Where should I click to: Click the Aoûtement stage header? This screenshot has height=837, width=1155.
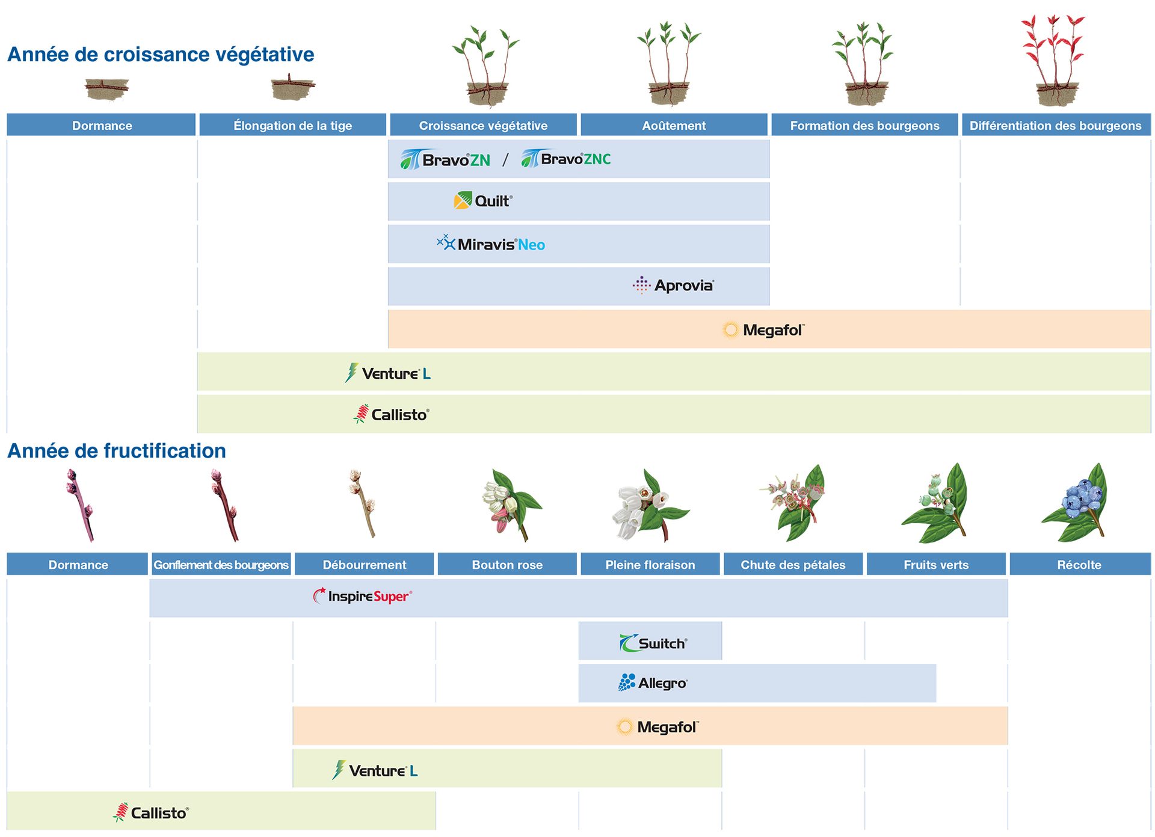674,125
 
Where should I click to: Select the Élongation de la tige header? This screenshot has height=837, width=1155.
292,125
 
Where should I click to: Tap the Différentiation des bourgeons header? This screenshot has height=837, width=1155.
1055,125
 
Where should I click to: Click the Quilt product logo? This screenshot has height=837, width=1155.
483,201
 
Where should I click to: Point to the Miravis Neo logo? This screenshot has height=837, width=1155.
491,244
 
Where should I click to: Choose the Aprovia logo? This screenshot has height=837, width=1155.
673,285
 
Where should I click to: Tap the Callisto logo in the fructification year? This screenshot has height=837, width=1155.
151,812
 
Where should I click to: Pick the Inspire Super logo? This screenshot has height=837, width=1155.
362,596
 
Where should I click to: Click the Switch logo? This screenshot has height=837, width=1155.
653,643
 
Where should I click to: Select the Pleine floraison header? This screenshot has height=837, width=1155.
650,565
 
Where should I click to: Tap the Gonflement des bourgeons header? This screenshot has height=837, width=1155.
221,565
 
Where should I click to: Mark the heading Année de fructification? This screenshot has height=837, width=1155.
117,451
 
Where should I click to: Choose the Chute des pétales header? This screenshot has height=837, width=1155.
793,565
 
